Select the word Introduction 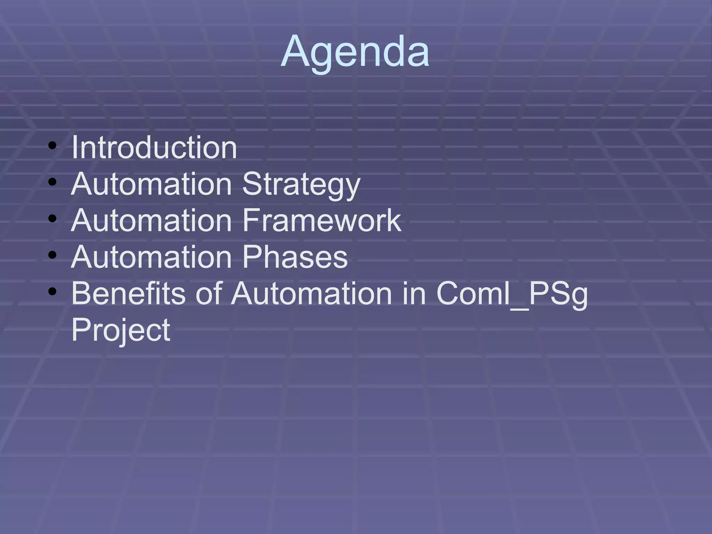tap(154, 148)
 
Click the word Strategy tap(301, 185)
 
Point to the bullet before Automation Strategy tap(52, 182)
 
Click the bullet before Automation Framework tap(52, 219)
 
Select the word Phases tap(295, 257)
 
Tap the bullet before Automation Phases tap(52, 255)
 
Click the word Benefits tap(128, 294)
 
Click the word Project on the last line tap(121, 330)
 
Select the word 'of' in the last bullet tap(209, 294)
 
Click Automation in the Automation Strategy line tap(151, 184)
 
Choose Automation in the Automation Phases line tap(151, 257)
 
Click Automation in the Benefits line tap(312, 294)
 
